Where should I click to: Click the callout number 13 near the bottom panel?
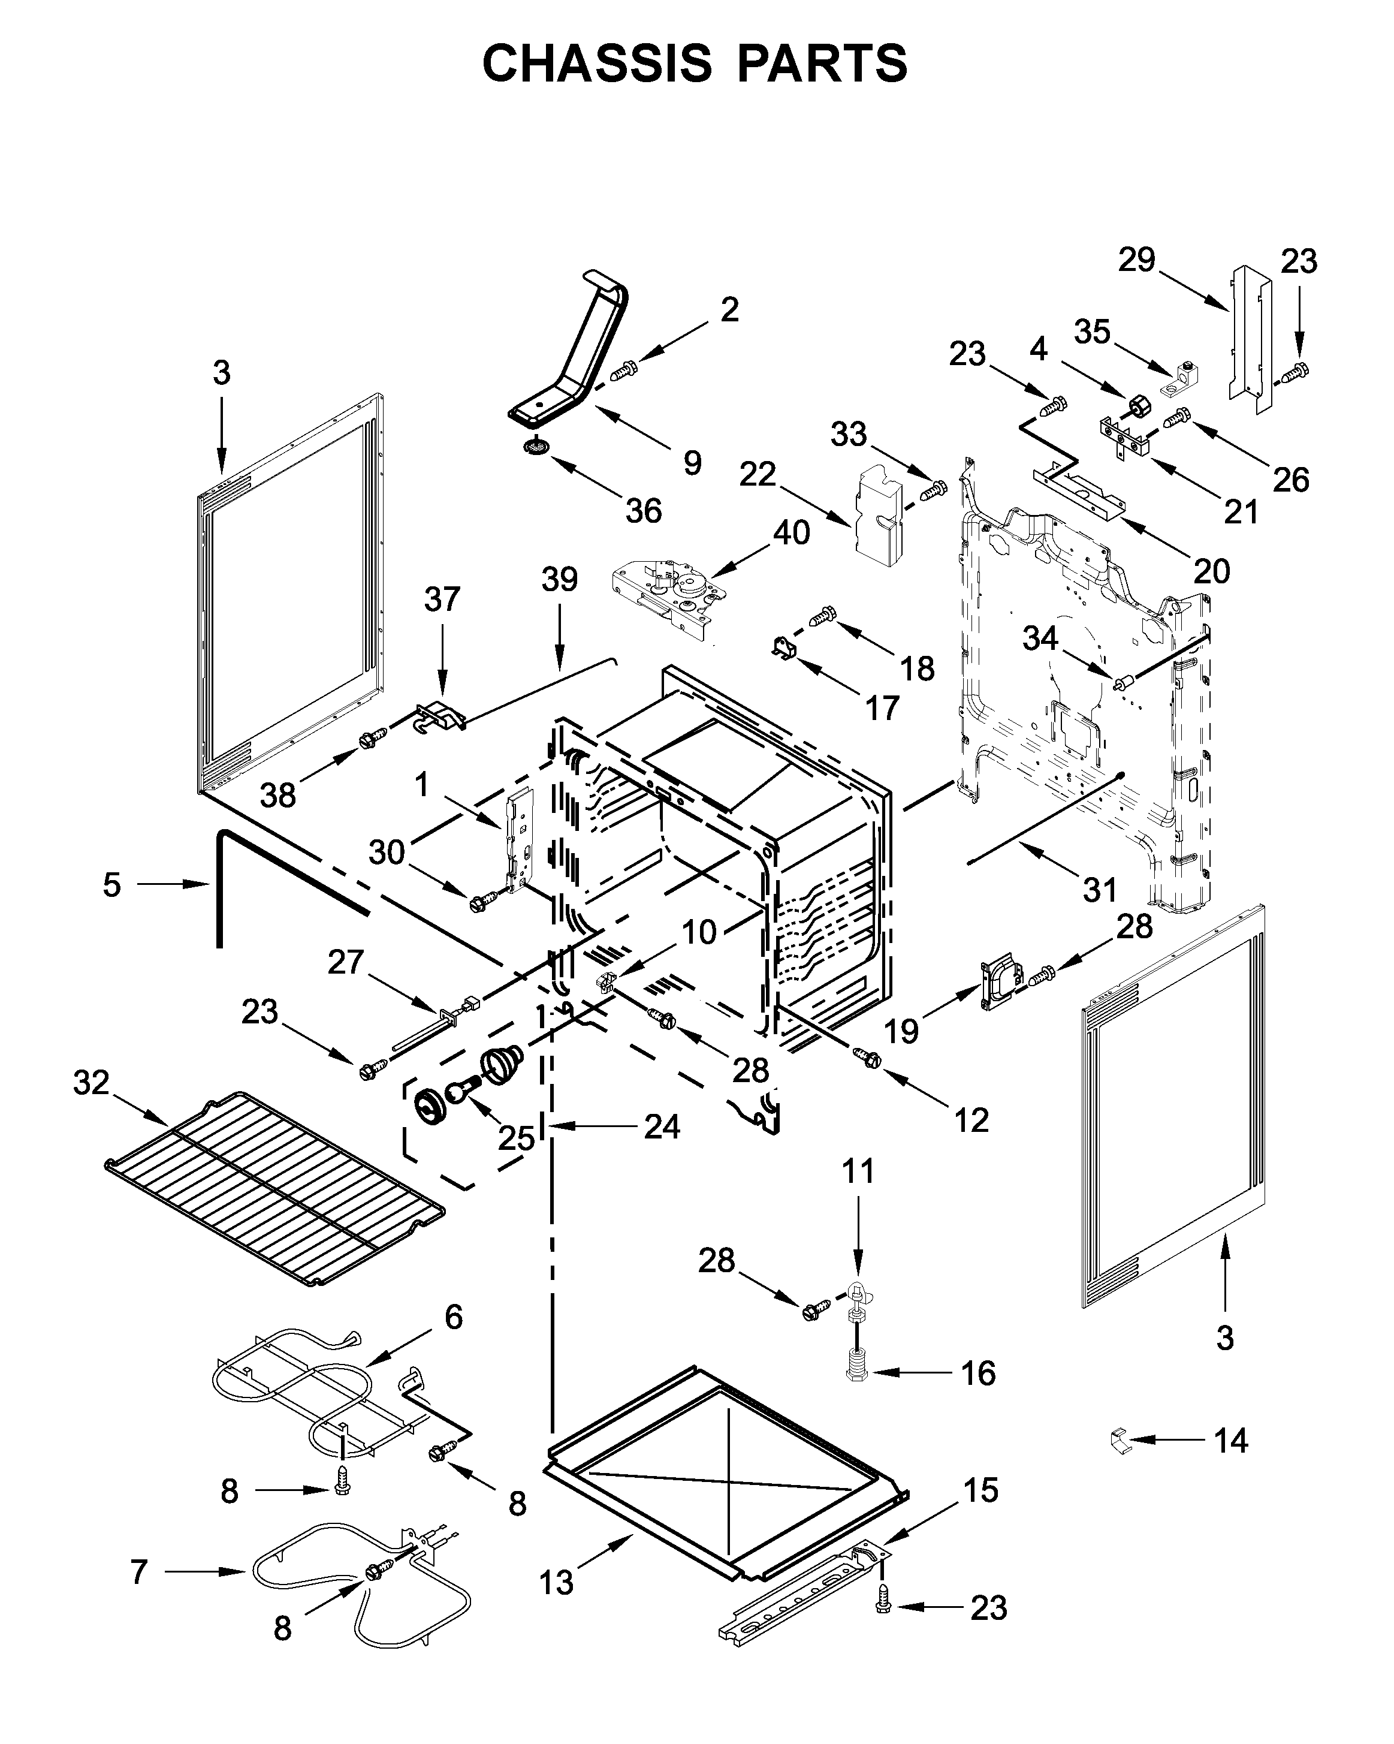click(x=556, y=1582)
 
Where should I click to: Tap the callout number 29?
click(x=1136, y=260)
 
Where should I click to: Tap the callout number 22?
click(x=757, y=475)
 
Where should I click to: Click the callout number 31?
click(x=1100, y=890)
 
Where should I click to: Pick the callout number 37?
click(x=442, y=600)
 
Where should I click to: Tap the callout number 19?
click(x=901, y=1031)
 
